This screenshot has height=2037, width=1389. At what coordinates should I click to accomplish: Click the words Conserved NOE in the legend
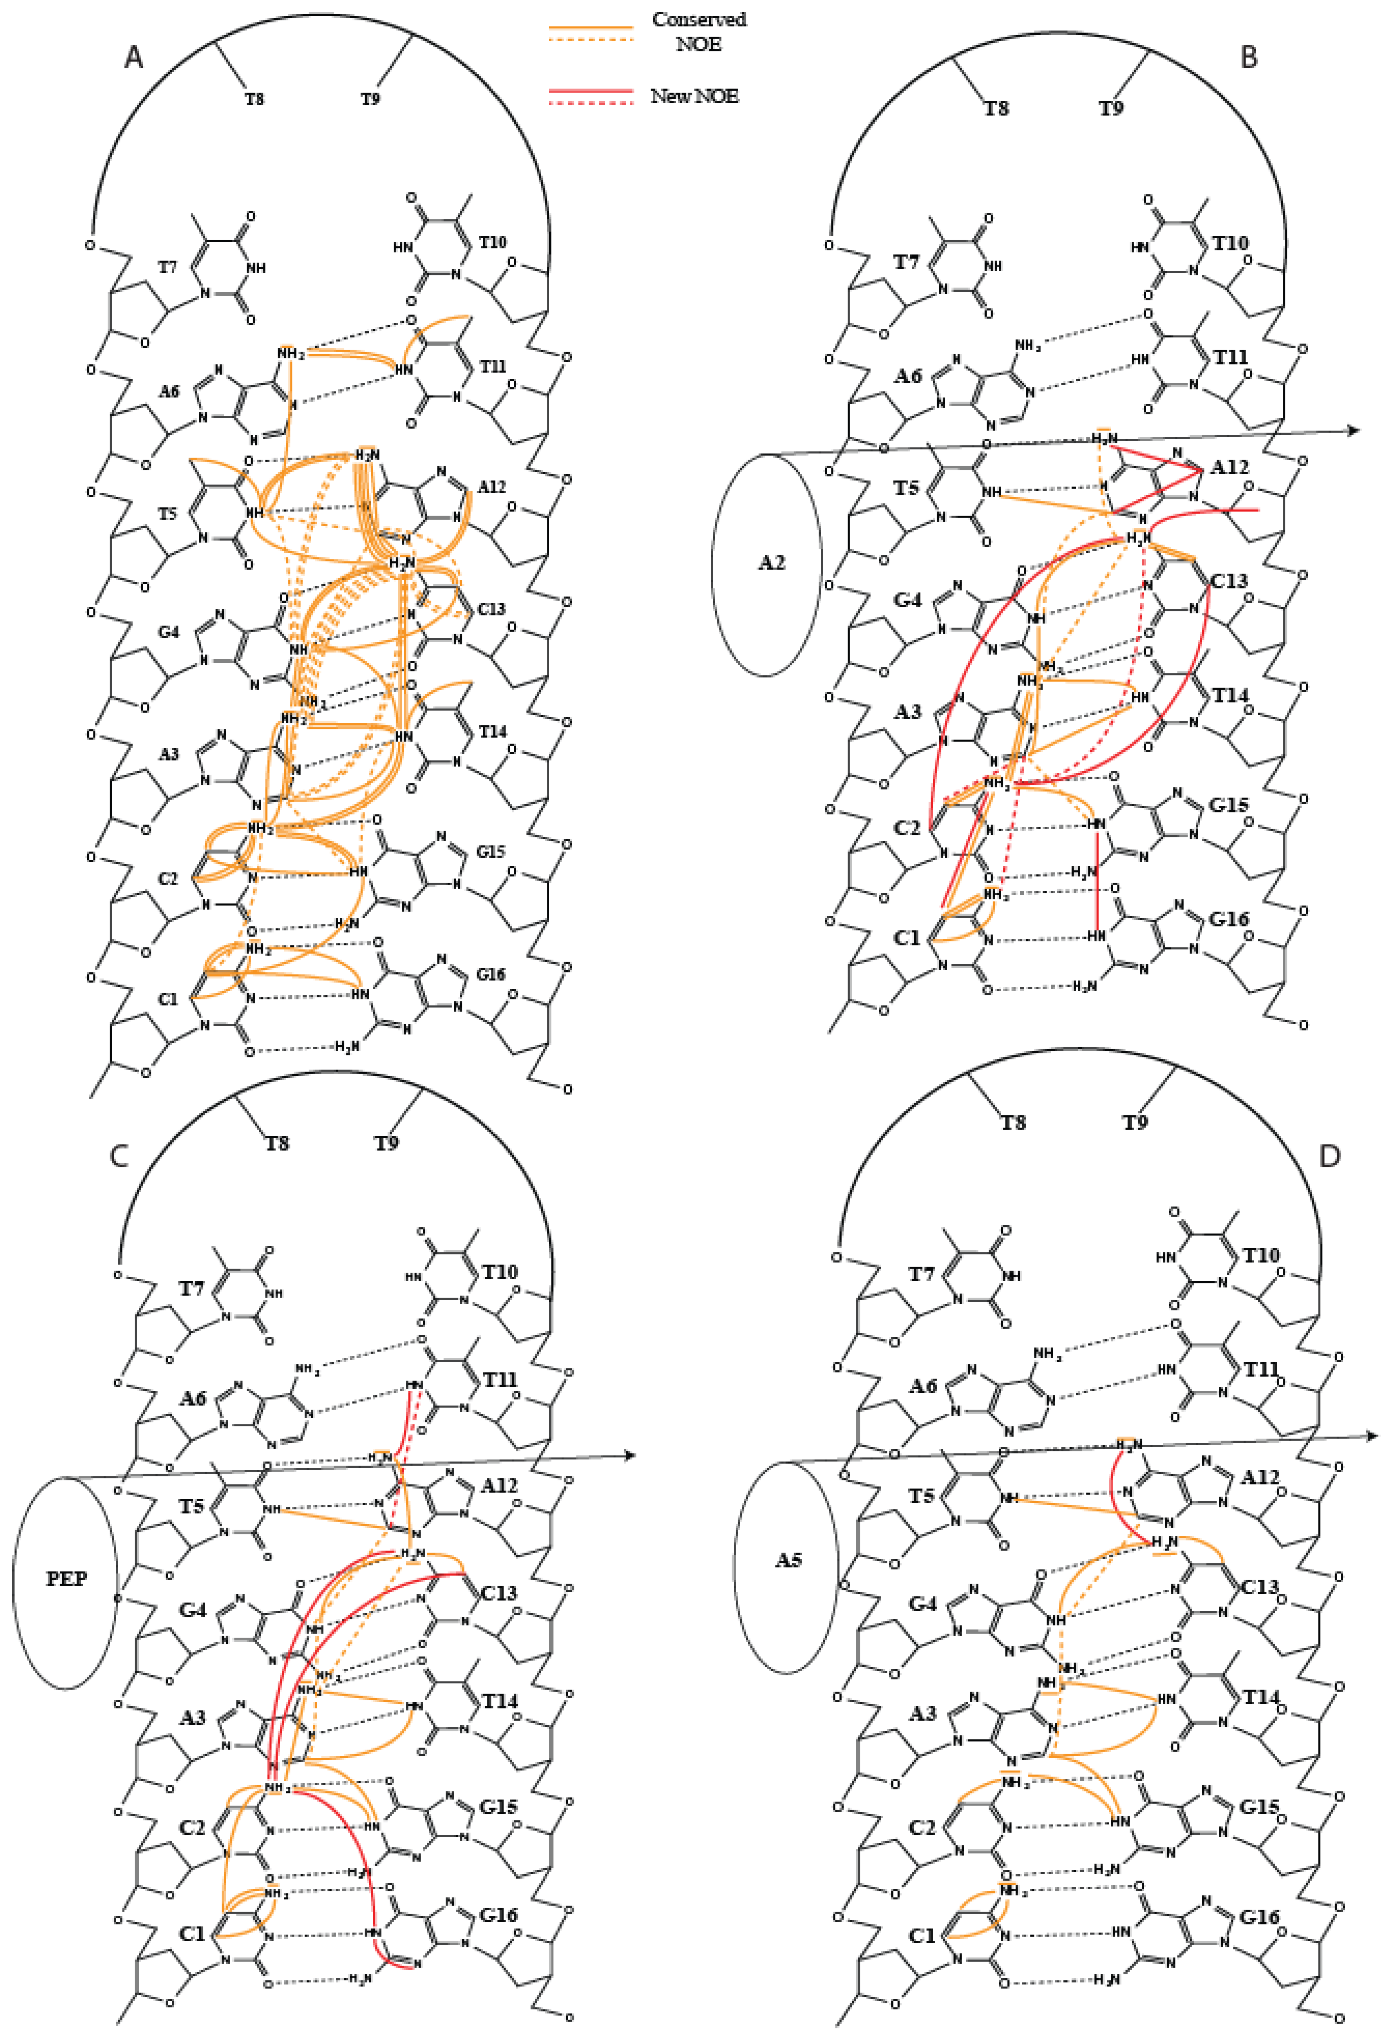pos(699,32)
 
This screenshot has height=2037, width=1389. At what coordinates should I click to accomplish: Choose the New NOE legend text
pos(694,97)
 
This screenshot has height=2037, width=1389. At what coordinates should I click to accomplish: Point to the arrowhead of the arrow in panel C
pos(629,1456)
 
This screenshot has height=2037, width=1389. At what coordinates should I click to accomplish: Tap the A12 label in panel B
pos(1229,467)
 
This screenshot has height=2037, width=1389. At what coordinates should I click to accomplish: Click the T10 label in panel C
pos(500,1272)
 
